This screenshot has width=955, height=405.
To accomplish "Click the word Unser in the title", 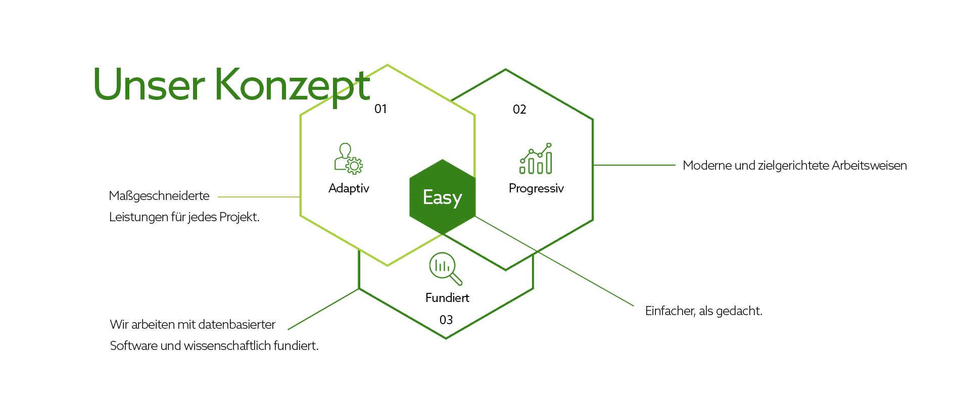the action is tap(149, 85).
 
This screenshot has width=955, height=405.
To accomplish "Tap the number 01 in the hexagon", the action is tap(380, 109).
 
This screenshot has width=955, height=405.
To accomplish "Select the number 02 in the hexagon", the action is tap(519, 110).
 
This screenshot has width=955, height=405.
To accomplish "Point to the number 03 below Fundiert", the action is tap(446, 320).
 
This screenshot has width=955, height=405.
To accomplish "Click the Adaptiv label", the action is tap(349, 188).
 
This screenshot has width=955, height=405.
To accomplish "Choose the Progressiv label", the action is tap(536, 188).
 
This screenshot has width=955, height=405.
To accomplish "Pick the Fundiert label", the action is tap(447, 298).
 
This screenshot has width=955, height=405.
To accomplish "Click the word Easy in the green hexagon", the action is tap(443, 197).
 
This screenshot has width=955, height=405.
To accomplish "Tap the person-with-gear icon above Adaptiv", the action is tap(348, 159).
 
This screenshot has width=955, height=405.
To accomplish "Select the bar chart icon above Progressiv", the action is tap(536, 158).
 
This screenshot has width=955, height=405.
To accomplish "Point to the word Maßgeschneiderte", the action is tap(159, 196).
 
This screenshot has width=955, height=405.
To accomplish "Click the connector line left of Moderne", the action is tap(634, 165).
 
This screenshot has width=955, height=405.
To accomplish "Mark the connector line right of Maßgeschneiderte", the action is tap(259, 197).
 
